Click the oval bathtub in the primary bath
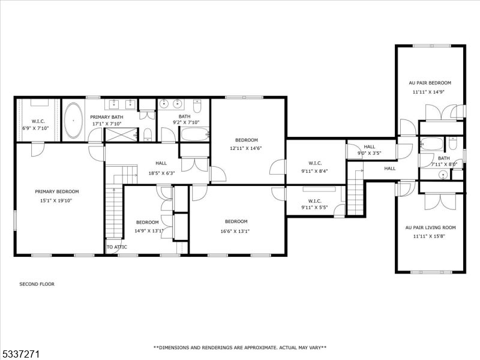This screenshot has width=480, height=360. (x=73, y=121)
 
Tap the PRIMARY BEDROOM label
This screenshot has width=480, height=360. (x=57, y=191)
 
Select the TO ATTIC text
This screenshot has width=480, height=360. (x=116, y=247)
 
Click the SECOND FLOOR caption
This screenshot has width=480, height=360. (x=37, y=284)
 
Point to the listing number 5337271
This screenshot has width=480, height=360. (x=20, y=355)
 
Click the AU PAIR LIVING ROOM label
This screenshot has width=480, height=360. (x=430, y=227)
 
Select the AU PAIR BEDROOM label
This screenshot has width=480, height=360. (x=430, y=83)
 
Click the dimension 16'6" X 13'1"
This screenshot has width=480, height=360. (x=235, y=231)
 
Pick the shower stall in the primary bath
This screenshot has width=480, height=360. (x=121, y=134)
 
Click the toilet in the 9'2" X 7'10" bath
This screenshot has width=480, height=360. (x=197, y=106)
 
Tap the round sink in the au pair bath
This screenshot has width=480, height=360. (x=443, y=175)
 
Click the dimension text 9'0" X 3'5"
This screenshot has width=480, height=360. (x=369, y=153)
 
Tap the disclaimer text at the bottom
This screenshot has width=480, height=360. (x=239, y=347)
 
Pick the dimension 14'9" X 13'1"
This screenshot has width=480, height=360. (x=149, y=231)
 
